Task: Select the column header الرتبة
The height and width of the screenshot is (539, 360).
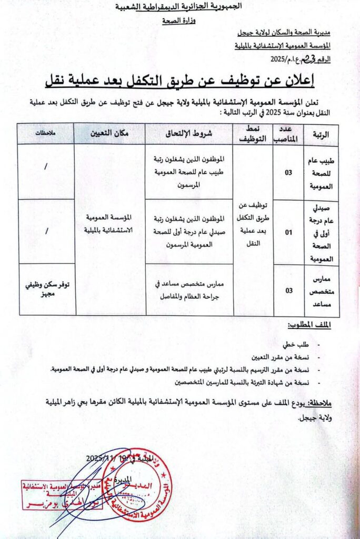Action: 321,134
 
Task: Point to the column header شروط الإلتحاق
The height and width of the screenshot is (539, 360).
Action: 189,134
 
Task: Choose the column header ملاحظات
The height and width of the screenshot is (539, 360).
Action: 46,134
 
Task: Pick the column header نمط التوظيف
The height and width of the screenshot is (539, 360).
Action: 253,134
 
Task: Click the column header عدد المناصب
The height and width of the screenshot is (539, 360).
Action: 288,134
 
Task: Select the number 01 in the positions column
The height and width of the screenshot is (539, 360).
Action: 288,232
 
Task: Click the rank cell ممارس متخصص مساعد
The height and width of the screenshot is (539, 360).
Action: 322,290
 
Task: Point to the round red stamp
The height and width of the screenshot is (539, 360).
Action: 136,483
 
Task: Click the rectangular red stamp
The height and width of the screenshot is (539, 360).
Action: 57,495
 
